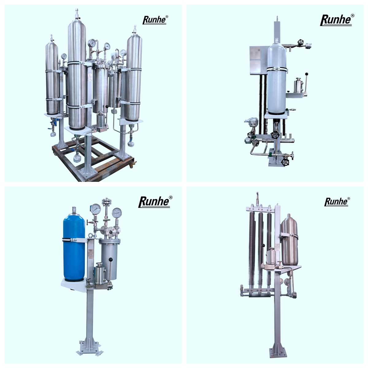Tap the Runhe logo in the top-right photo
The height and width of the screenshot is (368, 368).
point(337,20)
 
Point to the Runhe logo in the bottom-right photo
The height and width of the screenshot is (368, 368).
point(337,202)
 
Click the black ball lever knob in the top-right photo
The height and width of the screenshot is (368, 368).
point(307,74)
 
